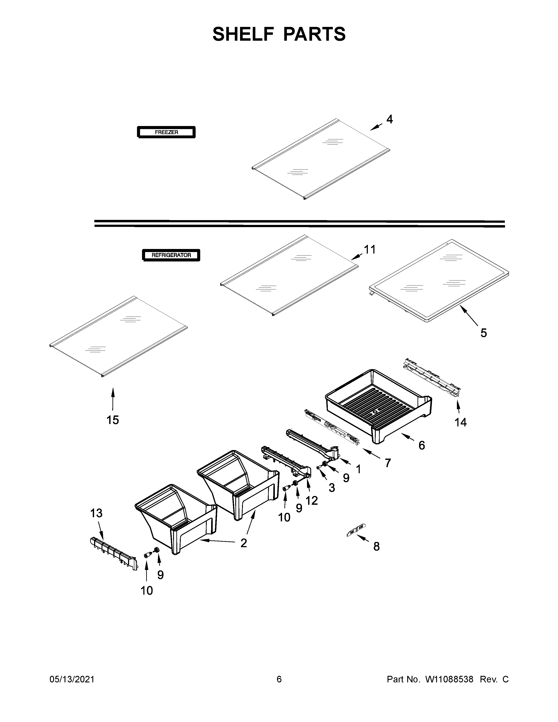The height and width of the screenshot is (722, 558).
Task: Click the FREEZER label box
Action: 166,132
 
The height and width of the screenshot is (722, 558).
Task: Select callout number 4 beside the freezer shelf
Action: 390,119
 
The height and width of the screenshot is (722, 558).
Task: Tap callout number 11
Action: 370,250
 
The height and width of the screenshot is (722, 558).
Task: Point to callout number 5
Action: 483,333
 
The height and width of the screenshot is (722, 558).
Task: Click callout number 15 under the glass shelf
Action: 112,420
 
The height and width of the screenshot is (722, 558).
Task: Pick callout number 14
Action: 460,422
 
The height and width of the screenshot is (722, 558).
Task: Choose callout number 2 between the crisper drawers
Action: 244,543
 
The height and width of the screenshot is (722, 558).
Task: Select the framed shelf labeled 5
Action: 440,281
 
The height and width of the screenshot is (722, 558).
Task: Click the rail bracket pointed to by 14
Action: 431,377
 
